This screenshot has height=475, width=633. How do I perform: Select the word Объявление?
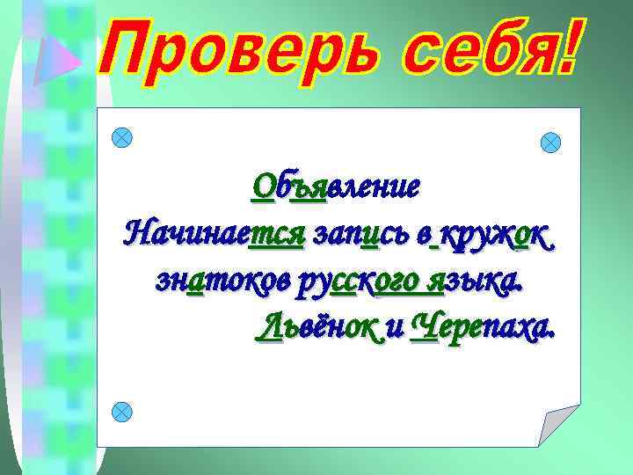(x=335, y=186)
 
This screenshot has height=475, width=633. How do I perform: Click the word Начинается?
(x=214, y=235)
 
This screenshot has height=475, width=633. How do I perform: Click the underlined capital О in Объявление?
(x=262, y=186)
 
